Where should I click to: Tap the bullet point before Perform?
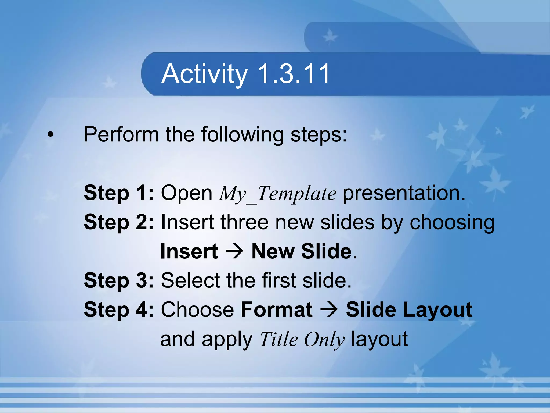50,134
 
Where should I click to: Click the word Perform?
121,134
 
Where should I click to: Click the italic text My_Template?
277,194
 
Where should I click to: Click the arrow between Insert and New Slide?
234,251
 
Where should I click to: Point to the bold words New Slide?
301,251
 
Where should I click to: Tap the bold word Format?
277,310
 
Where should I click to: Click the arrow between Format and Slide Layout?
329,310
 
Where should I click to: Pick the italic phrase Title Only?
302,339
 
